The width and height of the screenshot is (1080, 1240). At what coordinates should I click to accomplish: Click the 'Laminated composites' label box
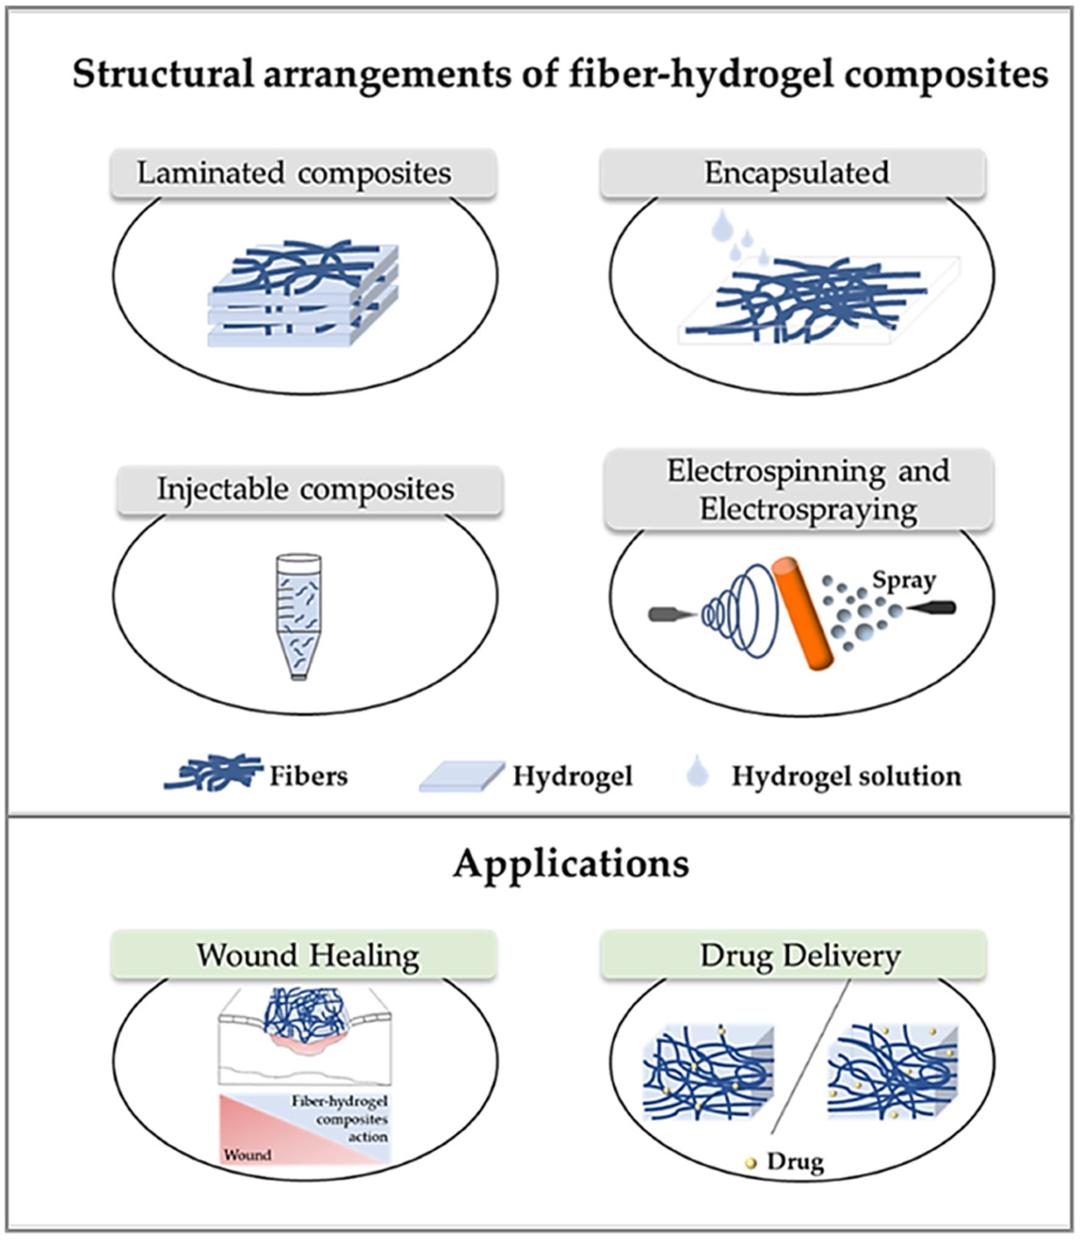(x=303, y=173)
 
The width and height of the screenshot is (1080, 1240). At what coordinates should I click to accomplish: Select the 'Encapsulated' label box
(x=793, y=173)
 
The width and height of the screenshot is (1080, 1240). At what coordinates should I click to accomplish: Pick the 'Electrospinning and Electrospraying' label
(x=798, y=490)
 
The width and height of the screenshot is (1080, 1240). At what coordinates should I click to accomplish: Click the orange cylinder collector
(x=802, y=612)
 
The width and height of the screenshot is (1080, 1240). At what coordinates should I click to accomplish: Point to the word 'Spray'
(x=903, y=580)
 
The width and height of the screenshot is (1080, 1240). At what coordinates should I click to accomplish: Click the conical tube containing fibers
(x=299, y=615)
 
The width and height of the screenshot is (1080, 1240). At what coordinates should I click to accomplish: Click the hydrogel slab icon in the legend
(x=461, y=775)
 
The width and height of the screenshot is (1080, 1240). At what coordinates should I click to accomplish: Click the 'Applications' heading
(x=571, y=864)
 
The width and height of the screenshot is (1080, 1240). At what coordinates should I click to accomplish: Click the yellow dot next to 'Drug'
(x=750, y=1163)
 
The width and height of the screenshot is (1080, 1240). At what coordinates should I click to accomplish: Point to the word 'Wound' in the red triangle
(x=248, y=1154)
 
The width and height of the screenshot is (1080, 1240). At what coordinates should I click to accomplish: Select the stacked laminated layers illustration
(x=303, y=295)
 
